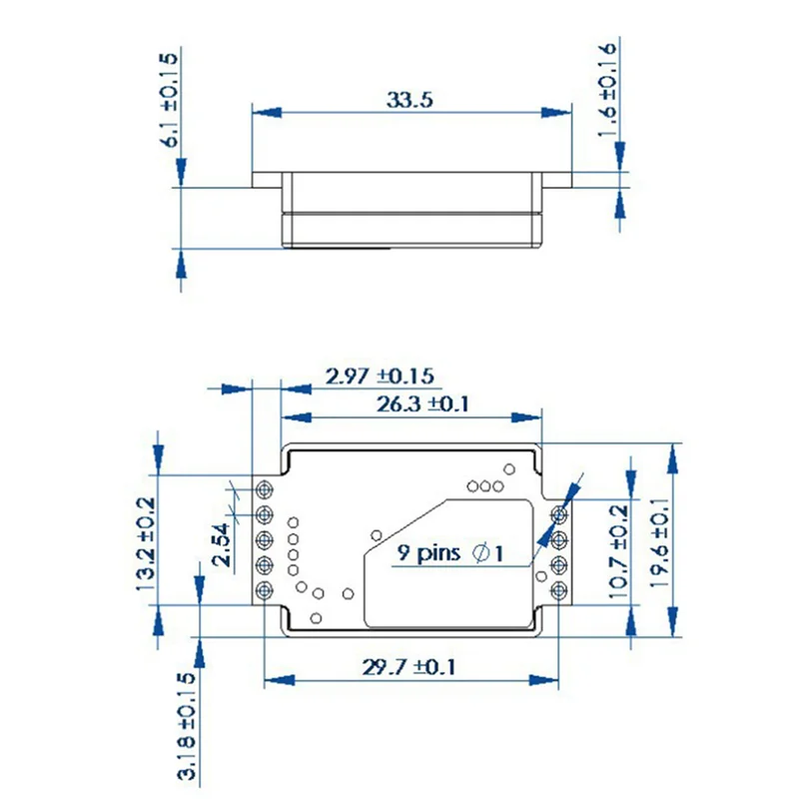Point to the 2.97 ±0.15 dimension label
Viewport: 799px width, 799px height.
(379, 377)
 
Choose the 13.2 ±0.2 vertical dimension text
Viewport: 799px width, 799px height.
(145, 544)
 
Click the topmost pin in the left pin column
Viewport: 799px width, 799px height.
(266, 489)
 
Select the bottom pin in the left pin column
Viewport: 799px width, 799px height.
(266, 591)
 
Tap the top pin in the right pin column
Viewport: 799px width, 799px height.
(559, 514)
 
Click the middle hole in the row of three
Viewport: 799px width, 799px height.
(484, 486)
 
